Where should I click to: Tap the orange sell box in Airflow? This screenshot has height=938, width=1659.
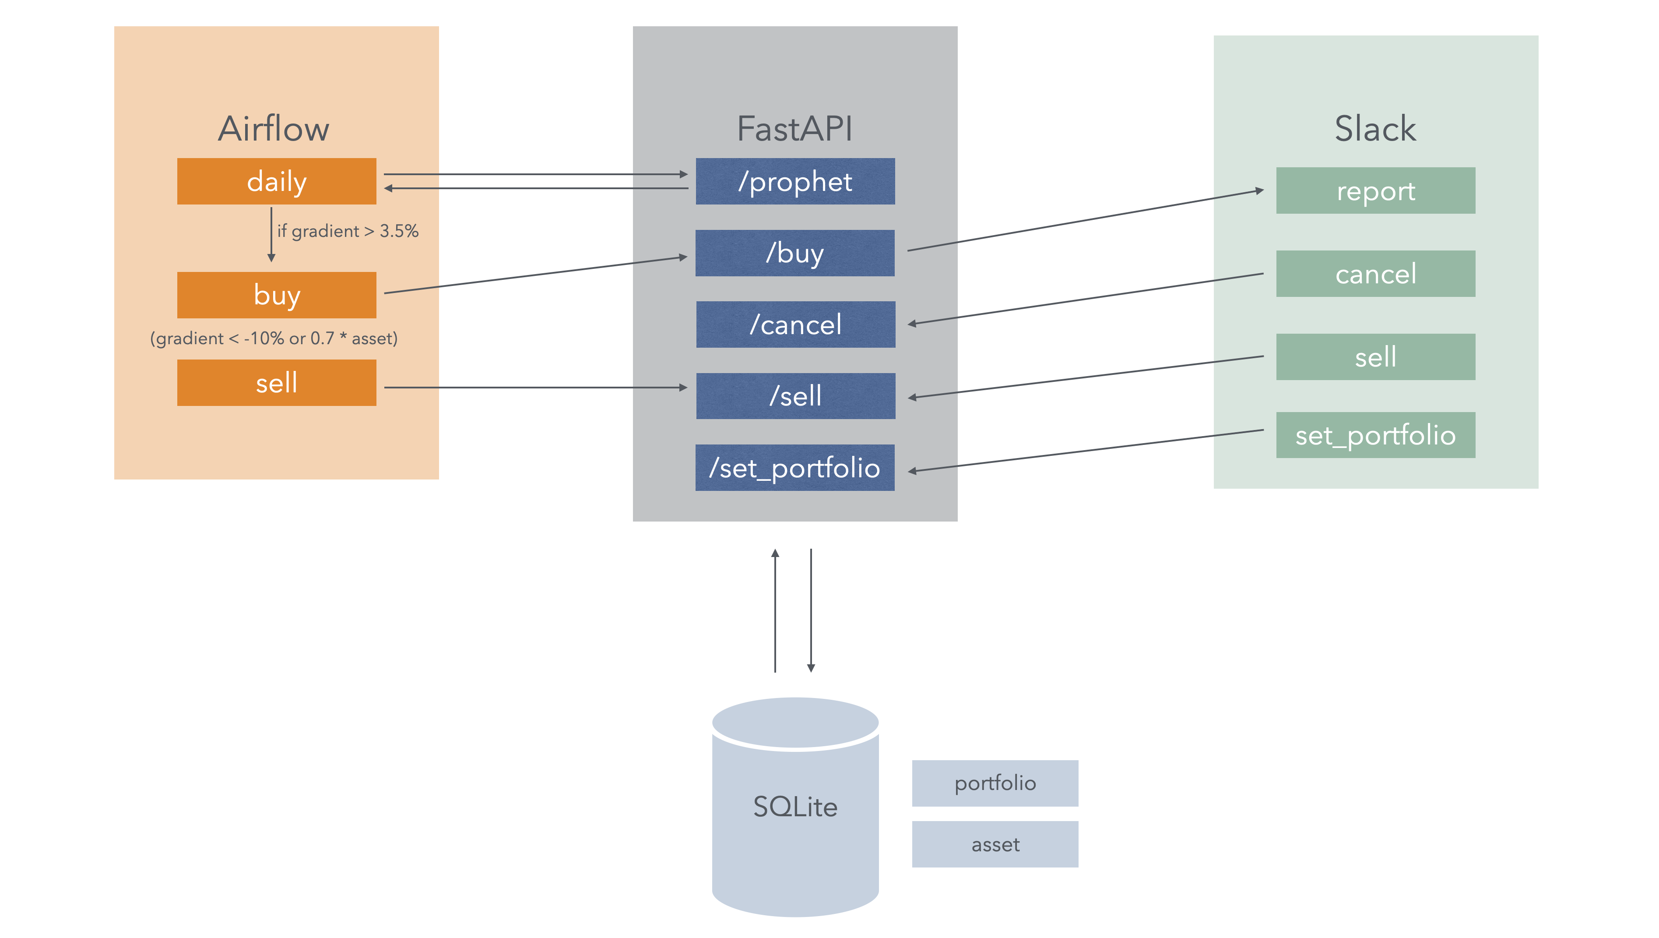point(276,383)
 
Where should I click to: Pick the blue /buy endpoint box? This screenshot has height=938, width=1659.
point(795,253)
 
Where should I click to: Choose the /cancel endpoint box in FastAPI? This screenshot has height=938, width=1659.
point(795,324)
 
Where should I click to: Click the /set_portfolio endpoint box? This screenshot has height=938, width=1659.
point(795,468)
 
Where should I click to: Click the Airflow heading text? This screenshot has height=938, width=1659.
point(274,129)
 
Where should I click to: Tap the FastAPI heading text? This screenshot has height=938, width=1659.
point(795,129)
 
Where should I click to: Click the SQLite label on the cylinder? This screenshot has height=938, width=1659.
point(795,807)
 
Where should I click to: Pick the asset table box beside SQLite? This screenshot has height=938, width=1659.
point(995,844)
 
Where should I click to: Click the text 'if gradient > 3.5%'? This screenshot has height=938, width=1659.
point(348,231)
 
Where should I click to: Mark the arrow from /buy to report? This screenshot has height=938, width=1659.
point(1085,220)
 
